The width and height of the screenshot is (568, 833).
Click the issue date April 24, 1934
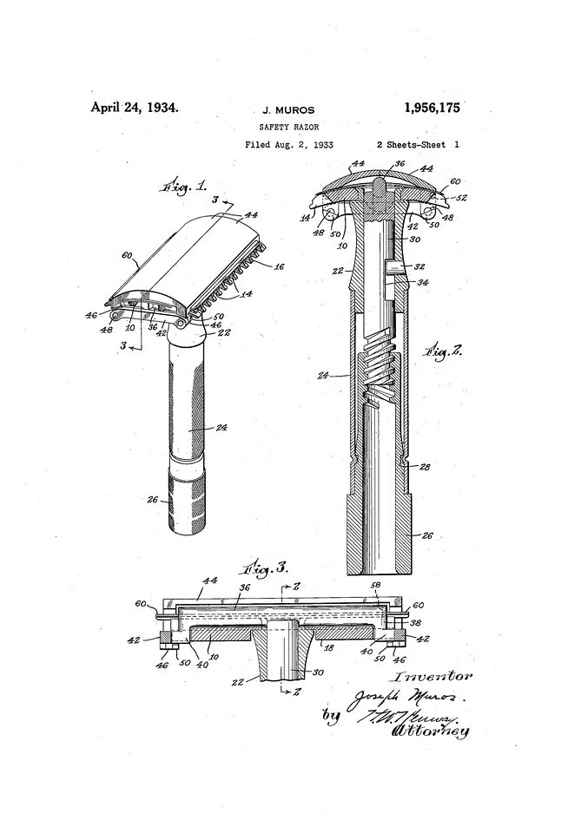click(135, 108)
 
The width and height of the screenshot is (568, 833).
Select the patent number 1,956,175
click(432, 108)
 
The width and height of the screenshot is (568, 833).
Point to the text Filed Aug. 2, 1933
click(289, 144)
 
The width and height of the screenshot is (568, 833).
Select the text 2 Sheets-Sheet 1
click(418, 144)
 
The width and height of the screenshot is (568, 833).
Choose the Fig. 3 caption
click(267, 569)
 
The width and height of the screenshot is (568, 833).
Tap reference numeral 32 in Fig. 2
click(419, 266)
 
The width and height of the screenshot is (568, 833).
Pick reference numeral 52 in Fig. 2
click(461, 199)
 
